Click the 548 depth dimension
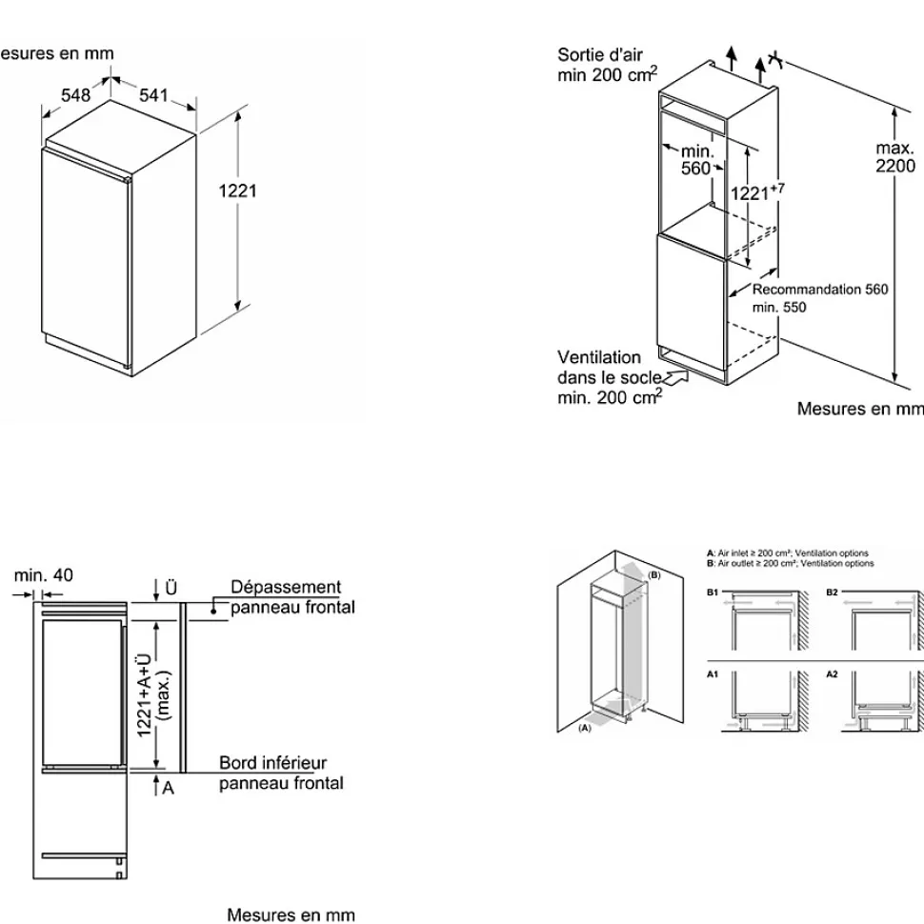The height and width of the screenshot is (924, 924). pyautogui.click(x=75, y=94)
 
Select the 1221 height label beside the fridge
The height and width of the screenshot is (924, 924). pyautogui.click(x=238, y=191)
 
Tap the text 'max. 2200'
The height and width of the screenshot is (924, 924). pyautogui.click(x=895, y=156)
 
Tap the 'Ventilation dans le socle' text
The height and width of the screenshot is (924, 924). pyautogui.click(x=607, y=368)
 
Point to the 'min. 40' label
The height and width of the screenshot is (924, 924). pyautogui.click(x=43, y=575)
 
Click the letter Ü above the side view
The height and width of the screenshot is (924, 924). pyautogui.click(x=171, y=588)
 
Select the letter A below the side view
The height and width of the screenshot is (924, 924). pyautogui.click(x=169, y=788)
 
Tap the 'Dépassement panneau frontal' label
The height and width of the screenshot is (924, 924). pyautogui.click(x=286, y=597)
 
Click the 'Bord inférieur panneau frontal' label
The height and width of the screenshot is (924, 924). pyautogui.click(x=280, y=773)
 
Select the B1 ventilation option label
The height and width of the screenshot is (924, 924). pyautogui.click(x=712, y=592)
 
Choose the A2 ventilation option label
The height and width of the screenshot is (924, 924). pyautogui.click(x=832, y=673)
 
